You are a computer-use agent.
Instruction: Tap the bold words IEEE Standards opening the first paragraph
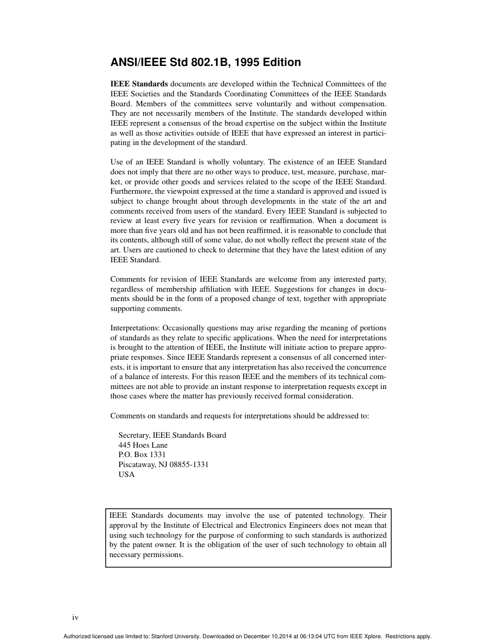click(x=139, y=84)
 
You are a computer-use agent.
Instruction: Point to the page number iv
click(x=75, y=618)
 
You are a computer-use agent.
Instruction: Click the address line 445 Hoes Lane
click(x=143, y=445)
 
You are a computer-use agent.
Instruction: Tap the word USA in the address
click(x=127, y=474)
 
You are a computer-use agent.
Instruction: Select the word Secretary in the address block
click(x=134, y=435)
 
